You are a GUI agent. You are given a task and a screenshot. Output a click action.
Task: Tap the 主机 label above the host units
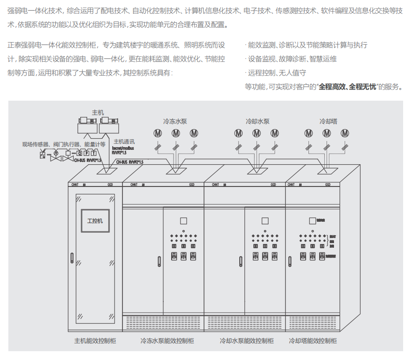(x=98, y=113)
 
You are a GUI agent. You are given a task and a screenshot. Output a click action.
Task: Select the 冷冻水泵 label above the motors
(x=175, y=122)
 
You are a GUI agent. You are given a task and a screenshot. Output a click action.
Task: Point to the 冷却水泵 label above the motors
(x=257, y=122)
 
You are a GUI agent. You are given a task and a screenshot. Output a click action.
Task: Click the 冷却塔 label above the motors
(x=328, y=122)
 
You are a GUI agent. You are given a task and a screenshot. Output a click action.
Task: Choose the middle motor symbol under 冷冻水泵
(x=175, y=133)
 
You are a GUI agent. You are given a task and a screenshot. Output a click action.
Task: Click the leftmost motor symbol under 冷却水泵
(x=238, y=133)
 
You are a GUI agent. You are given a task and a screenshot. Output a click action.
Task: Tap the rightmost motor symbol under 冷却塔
(x=345, y=133)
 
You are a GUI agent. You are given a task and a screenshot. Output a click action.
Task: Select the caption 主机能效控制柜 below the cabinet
(x=95, y=341)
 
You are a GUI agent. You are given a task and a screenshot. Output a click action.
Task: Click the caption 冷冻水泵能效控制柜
(x=167, y=341)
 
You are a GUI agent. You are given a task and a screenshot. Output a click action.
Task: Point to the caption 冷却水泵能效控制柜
(x=247, y=341)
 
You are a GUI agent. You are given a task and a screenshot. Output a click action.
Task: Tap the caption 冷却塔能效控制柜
(x=313, y=341)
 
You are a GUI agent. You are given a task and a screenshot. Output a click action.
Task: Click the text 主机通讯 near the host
(x=124, y=141)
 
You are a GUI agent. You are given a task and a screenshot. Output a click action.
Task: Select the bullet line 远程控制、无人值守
(x=277, y=73)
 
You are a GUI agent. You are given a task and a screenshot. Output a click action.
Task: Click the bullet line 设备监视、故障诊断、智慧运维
(x=292, y=59)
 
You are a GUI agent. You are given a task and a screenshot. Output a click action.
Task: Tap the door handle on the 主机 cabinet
(x=72, y=259)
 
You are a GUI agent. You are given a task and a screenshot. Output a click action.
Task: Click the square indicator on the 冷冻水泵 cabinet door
(x=183, y=221)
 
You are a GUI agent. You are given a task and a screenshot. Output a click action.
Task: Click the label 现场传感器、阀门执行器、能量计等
(x=64, y=144)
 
